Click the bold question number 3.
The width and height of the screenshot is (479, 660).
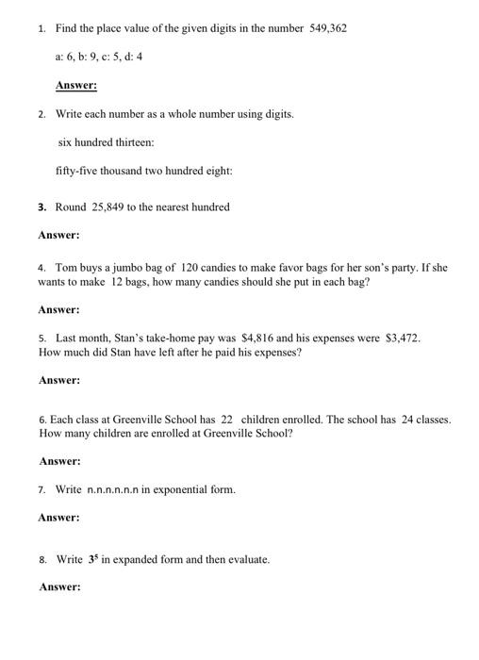click(42, 206)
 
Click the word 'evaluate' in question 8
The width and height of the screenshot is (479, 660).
click(247, 559)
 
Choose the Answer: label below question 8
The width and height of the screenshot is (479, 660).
click(59, 586)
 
